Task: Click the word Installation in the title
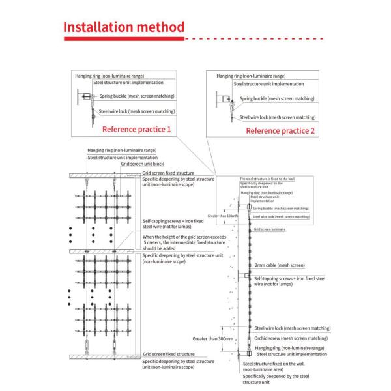pyautogui.click(x=100, y=28)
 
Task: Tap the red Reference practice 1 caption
pyautogui.click(x=137, y=130)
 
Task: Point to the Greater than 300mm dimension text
pyautogui.click(x=213, y=339)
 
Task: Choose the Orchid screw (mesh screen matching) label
pyautogui.click(x=290, y=338)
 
